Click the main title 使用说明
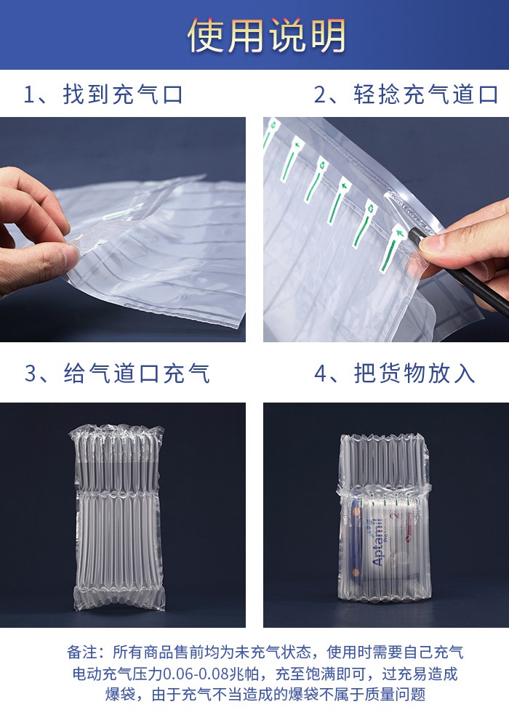267,36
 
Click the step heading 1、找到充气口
104,94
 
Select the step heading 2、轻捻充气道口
406,94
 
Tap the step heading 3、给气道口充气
117,373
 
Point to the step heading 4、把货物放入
395,373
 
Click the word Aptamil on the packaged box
377,542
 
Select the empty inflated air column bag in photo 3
119,518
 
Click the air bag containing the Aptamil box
384,517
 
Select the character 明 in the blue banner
328,36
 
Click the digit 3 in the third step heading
31,373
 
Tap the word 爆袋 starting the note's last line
120,694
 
